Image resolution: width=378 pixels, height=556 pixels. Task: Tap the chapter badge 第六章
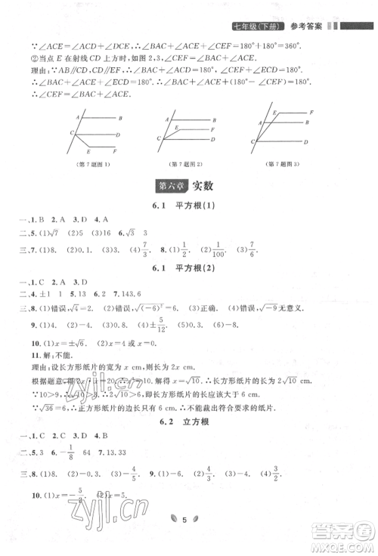click(169, 184)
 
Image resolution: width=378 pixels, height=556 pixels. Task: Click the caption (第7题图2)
click(186, 165)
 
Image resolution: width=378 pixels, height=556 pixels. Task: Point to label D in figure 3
click(305, 141)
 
